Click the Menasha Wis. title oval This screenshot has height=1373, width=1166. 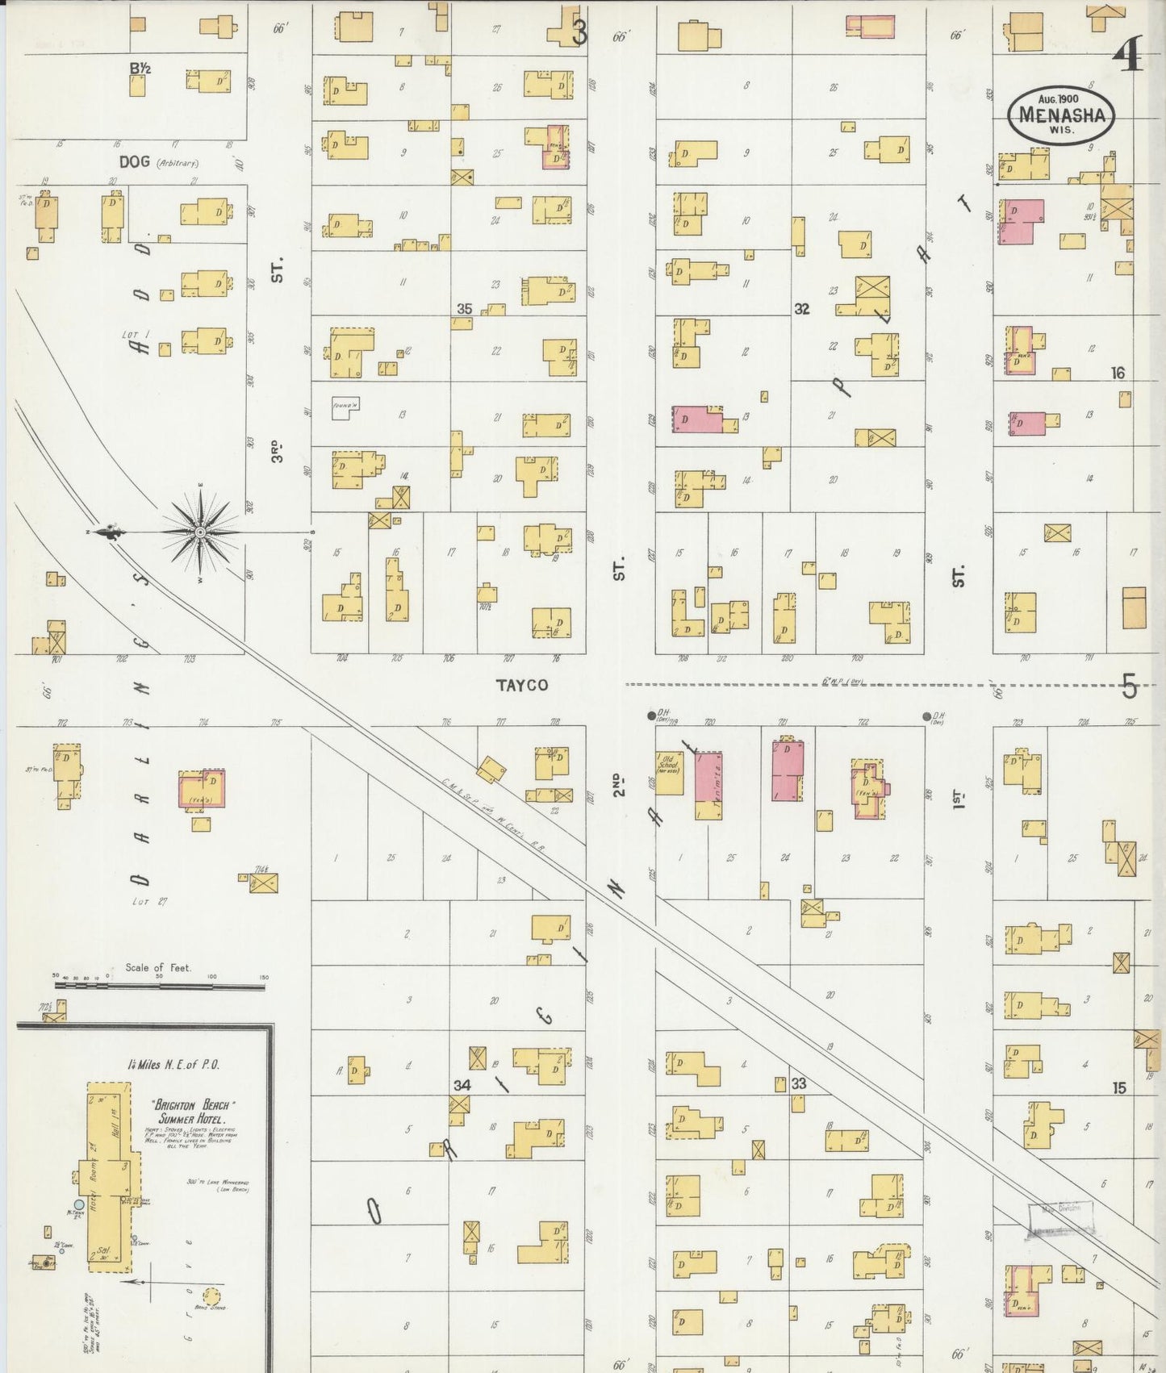click(x=1062, y=115)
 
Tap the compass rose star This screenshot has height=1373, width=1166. click(x=200, y=532)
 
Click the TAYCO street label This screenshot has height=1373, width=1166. click(x=522, y=685)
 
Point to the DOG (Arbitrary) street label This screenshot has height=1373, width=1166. click(x=158, y=161)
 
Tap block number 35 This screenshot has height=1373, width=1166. click(x=464, y=309)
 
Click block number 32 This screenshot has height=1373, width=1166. click(x=801, y=309)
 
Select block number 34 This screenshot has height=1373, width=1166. click(x=461, y=1085)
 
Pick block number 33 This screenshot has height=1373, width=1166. click(x=798, y=1083)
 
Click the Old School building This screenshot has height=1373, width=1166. click(x=669, y=773)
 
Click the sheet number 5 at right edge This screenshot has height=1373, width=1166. click(x=1128, y=687)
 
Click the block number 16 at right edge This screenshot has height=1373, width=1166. click(x=1118, y=373)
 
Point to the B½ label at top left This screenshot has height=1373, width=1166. click(x=140, y=69)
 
